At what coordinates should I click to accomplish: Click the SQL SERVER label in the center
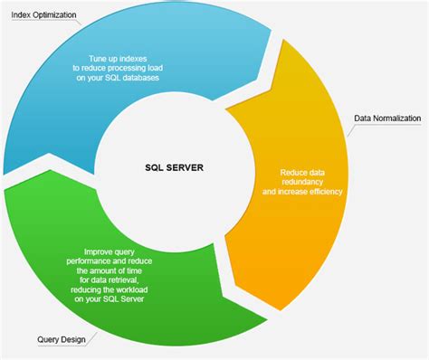174,166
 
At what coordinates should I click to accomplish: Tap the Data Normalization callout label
388,118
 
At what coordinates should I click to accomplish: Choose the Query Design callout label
62,340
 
